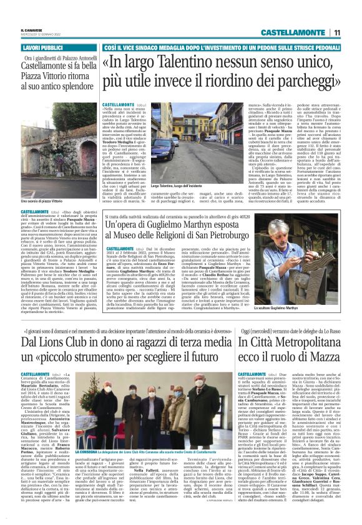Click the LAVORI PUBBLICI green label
pyautogui.click(x=44, y=47)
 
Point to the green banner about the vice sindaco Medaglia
pyautogui.click(x=221, y=47)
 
